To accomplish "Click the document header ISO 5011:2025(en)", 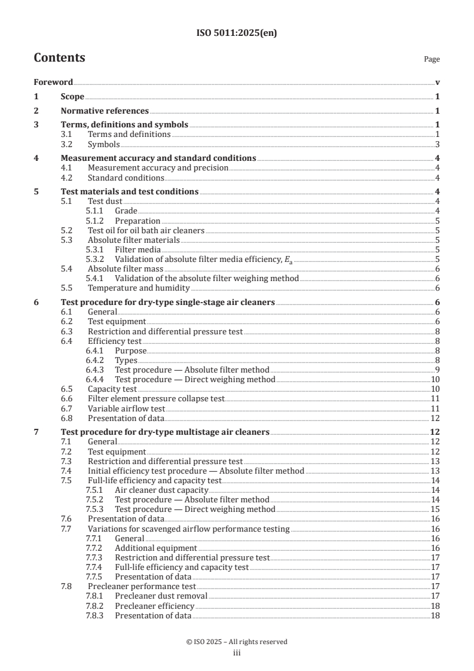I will [237, 34].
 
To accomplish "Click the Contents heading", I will [59, 58].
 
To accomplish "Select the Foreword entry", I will [53, 83].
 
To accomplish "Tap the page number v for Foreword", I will [438, 83].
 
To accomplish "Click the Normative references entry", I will [105, 111].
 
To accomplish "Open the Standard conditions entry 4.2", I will [126, 178].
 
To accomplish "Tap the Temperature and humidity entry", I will [136, 288].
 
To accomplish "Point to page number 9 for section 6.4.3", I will [438, 370].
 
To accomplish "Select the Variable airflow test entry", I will [126, 408].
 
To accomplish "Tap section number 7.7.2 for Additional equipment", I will [94, 548].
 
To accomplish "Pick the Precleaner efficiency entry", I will [154, 606].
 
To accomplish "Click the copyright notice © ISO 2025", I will [237, 642].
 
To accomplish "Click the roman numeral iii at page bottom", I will [237, 653].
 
